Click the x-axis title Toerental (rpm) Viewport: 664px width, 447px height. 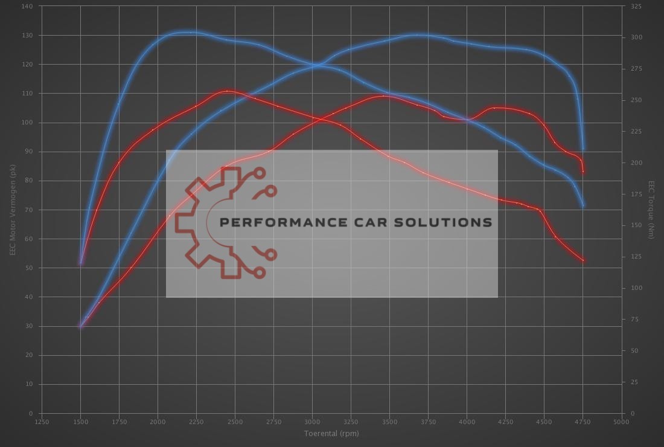[x=331, y=433]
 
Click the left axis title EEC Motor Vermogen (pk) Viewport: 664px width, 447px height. [x=11, y=209]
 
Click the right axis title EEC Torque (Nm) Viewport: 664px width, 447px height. [x=651, y=209]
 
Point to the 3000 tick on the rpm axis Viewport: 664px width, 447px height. [x=312, y=422]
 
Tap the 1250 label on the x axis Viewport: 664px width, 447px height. [x=42, y=422]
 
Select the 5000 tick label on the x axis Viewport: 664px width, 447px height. [x=621, y=422]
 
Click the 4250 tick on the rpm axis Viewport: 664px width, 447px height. [x=505, y=422]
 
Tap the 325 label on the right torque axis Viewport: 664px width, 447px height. [x=636, y=6]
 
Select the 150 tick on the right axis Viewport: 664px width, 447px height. [x=636, y=225]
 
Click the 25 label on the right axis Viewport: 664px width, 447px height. [x=634, y=382]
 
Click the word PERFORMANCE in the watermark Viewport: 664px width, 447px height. [x=283, y=222]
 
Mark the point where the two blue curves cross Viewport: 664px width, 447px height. [x=316, y=65]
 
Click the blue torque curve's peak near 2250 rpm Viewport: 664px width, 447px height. [x=188, y=33]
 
